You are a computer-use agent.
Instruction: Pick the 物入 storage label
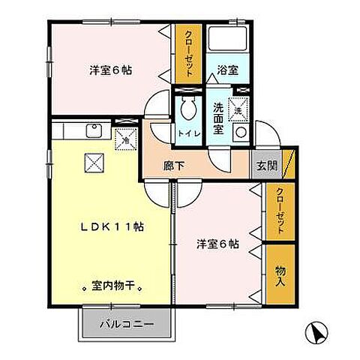coord(279,275)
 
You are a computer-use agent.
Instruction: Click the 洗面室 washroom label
coord(217,119)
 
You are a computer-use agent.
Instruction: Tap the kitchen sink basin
coord(95,131)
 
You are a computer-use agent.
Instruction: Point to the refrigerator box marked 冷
coord(125,137)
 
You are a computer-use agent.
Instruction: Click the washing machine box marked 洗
coord(238,109)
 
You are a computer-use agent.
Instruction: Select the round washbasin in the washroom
coord(240,133)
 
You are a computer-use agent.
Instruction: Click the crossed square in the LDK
coord(93,160)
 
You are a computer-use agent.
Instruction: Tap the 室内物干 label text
coord(112,286)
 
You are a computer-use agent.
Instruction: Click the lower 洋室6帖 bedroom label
coord(218,244)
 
